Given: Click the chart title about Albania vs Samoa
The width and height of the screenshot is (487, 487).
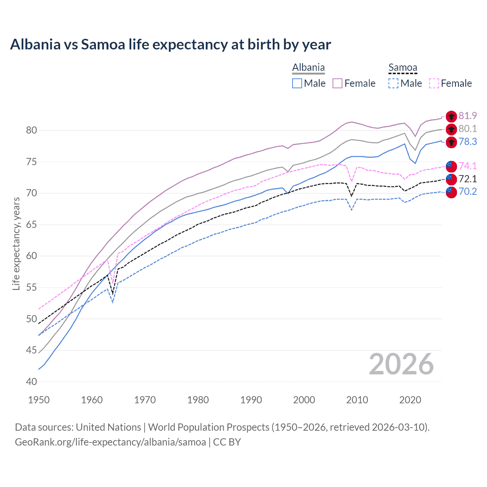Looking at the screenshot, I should tap(170, 45).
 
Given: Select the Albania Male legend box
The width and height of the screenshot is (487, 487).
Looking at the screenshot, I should tap(297, 83).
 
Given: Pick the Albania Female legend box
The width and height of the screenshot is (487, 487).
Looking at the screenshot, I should tap(337, 83).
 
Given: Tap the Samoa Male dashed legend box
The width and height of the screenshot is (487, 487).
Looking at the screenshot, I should tap(393, 83).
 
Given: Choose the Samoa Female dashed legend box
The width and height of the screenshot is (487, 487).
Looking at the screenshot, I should tap(434, 83).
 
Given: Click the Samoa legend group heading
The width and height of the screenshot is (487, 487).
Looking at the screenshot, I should tap(403, 68).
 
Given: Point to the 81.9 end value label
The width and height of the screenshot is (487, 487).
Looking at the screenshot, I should tap(468, 116).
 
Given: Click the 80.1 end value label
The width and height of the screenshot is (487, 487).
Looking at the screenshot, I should tap(468, 129).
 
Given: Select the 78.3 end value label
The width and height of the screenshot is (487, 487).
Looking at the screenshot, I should tap(468, 142).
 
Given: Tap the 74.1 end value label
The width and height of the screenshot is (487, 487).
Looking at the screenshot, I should tap(468, 166).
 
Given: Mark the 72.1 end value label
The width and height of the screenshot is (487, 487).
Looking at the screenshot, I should tap(468, 179).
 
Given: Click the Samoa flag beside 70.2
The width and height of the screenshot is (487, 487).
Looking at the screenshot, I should tap(451, 192).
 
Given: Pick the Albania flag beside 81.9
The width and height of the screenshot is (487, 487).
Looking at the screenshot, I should tap(451, 116).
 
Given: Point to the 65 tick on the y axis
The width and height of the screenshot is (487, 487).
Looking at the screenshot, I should tap(32, 224).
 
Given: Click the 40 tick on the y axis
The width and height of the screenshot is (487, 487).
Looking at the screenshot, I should tap(32, 382).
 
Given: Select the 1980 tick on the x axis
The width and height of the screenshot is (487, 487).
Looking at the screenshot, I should tap(198, 400).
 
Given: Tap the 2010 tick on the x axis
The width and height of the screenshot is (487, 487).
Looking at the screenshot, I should tap(357, 400).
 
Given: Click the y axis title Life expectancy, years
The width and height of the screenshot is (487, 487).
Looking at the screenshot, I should tap(16, 243).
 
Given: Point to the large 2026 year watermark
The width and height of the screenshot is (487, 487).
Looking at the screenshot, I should tap(401, 364).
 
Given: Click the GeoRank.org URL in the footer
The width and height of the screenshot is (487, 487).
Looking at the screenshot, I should tap(110, 442).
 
